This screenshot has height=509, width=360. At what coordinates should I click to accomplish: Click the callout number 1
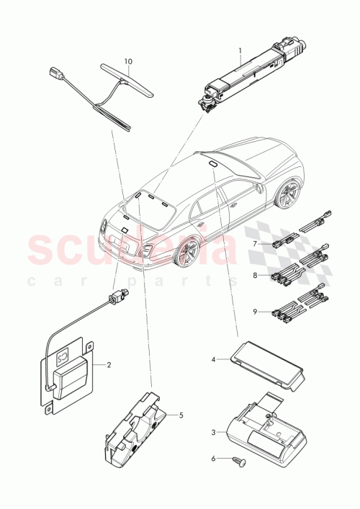[x=240, y=51]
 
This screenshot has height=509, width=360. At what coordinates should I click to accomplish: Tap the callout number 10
[x=128, y=62]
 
